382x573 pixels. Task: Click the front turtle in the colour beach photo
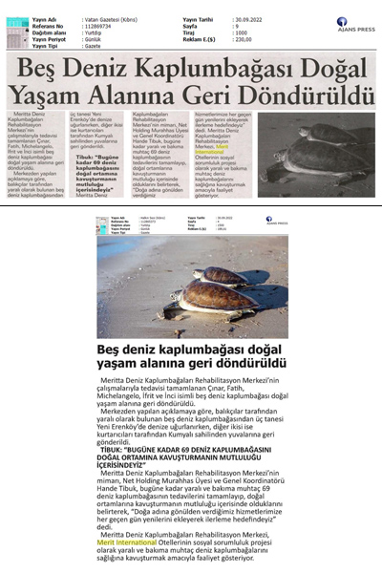tap(205, 298)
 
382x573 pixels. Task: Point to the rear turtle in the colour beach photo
tap(222, 275)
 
